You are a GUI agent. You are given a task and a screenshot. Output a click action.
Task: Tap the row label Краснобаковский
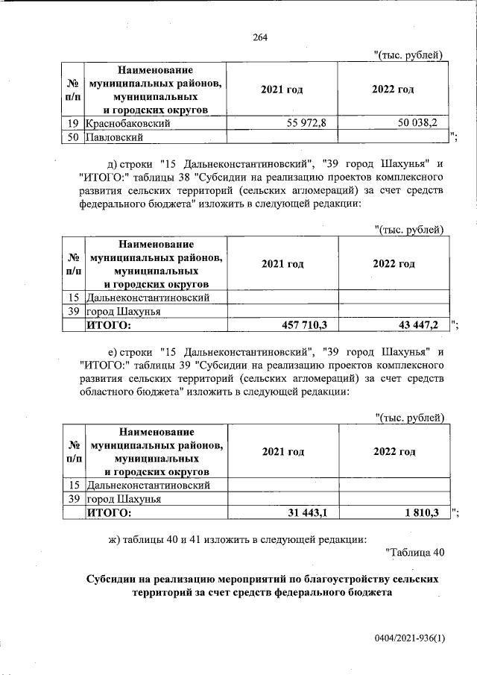click(129, 123)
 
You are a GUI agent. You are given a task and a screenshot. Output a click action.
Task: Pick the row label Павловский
click(113, 136)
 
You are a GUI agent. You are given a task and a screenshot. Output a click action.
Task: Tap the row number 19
click(73, 123)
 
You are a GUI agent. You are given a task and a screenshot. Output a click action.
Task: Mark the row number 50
click(73, 136)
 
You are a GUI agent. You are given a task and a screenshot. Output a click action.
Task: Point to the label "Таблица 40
click(416, 553)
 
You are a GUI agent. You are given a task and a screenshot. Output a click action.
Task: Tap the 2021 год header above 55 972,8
click(282, 90)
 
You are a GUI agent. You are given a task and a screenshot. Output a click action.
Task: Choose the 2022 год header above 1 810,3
click(394, 452)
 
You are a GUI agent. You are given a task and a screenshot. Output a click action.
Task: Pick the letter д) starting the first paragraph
click(115, 163)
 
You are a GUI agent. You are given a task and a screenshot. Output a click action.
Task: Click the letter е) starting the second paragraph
click(115, 351)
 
